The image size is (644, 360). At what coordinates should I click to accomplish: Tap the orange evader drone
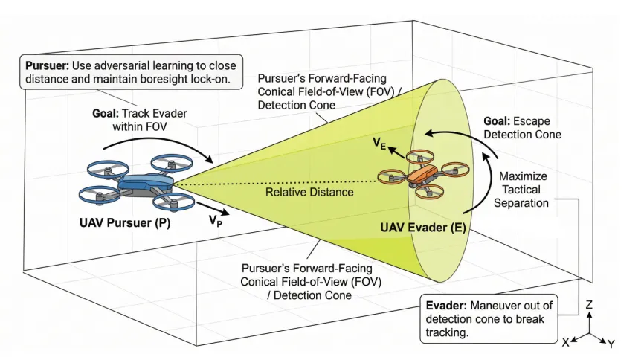tap(423, 174)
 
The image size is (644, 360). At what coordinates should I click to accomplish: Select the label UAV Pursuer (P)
tap(125, 223)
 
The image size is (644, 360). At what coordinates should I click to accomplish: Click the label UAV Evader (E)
tap(423, 228)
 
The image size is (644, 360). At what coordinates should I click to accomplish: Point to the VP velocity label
tap(215, 221)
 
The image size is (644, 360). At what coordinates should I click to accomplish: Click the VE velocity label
tap(379, 144)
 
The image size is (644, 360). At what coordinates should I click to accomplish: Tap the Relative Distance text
tap(309, 192)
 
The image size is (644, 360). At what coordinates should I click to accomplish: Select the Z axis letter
tap(589, 304)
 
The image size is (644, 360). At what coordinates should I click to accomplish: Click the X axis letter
tap(566, 342)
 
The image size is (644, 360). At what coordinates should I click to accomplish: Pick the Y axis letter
tap(611, 344)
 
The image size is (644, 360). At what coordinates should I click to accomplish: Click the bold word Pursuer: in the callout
tap(47, 65)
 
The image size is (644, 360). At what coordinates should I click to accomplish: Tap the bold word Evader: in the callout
tap(446, 306)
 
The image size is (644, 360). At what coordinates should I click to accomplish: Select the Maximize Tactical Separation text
tap(521, 190)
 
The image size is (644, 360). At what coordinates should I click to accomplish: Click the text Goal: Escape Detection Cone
tap(522, 128)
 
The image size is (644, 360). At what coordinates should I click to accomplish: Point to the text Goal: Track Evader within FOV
tap(140, 120)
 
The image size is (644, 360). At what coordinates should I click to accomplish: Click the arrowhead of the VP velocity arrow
tap(225, 213)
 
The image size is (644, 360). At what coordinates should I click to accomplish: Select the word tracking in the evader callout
tap(447, 332)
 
